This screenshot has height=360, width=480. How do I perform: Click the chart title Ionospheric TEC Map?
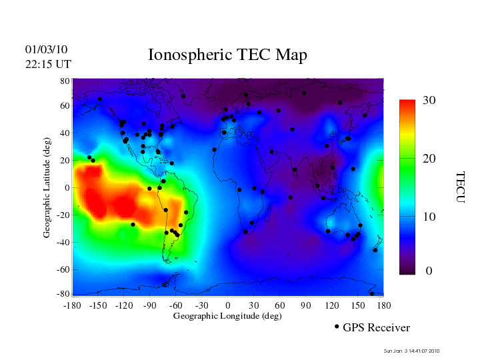(227, 55)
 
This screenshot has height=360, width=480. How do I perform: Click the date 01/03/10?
(46, 49)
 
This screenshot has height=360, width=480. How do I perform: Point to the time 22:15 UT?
(48, 64)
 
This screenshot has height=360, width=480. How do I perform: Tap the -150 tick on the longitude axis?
(98, 305)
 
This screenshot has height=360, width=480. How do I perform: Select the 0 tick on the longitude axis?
(228, 305)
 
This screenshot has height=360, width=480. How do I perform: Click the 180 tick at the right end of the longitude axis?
(383, 305)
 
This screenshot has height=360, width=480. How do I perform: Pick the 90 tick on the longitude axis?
(305, 305)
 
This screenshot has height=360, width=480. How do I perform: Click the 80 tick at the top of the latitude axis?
(65, 81)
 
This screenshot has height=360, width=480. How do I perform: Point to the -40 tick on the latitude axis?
(63, 243)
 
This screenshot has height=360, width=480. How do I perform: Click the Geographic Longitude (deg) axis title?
(227, 316)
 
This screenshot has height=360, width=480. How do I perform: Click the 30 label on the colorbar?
(429, 101)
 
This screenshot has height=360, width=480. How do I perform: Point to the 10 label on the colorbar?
(429, 217)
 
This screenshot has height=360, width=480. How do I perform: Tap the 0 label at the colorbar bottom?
(429, 271)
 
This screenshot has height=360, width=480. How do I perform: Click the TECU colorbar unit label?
(459, 187)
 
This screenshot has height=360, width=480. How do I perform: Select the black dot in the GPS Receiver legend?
(337, 327)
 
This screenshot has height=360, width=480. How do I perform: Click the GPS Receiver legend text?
(376, 328)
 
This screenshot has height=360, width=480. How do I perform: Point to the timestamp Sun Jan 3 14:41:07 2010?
(411, 351)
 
